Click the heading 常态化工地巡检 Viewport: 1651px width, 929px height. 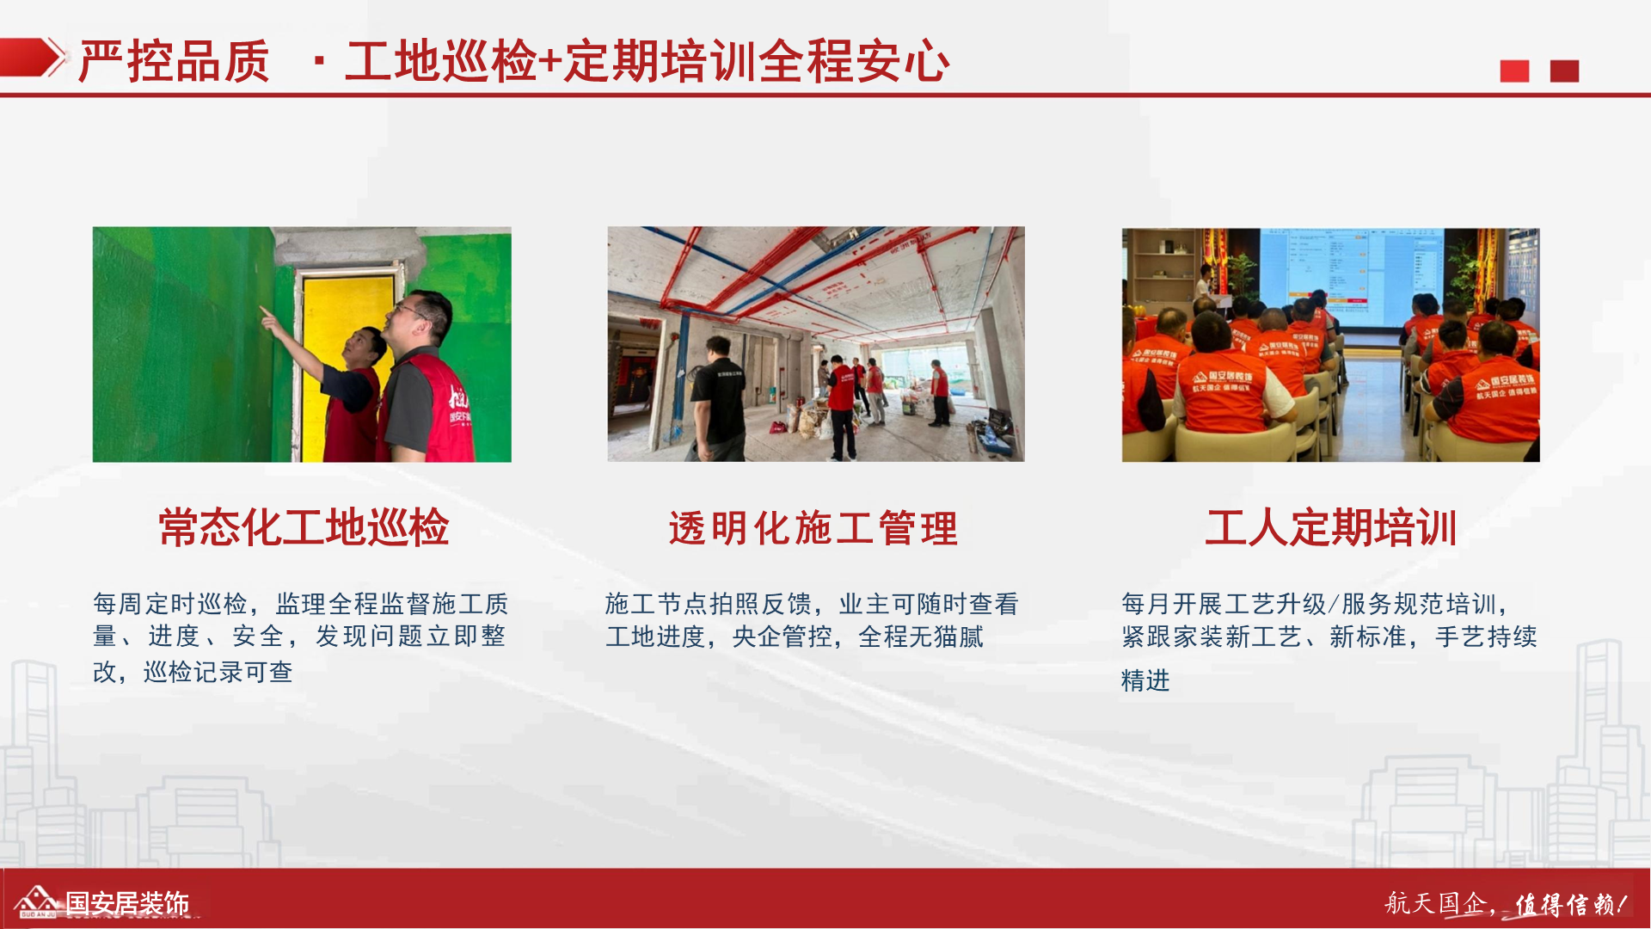304,527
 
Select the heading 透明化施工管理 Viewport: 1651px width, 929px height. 813,528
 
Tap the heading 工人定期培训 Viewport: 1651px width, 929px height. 1330,527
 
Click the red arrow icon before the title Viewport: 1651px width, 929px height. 33,58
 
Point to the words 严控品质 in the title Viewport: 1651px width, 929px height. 175,62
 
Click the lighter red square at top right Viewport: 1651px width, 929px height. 1514,71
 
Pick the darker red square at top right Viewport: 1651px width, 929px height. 1564,71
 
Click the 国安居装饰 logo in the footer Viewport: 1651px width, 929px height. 101,902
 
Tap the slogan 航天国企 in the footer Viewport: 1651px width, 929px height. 1435,903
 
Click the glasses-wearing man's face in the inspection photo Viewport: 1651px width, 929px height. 414,319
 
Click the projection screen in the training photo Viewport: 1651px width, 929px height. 1352,277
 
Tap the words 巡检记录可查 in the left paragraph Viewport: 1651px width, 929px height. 218,672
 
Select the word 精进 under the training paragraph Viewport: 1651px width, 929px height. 1145,680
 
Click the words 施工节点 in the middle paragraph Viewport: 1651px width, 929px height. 657,604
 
